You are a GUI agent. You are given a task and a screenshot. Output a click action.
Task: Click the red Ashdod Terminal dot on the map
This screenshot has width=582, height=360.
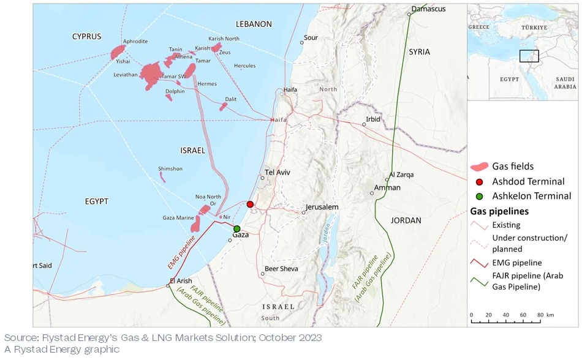[x=250, y=204]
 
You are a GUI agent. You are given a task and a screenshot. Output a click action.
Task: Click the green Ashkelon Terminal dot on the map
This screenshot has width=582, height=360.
[x=237, y=228]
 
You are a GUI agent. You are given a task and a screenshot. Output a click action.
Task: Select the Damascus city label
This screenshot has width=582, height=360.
[x=428, y=9]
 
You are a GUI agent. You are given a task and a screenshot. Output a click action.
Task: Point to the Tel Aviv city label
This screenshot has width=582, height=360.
[x=277, y=172]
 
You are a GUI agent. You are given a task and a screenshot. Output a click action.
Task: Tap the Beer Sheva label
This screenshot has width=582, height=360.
[x=281, y=269]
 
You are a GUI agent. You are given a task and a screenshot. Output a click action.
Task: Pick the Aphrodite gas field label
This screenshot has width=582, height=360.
[x=135, y=42]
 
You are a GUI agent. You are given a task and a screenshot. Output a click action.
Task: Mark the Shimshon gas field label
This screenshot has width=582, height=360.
[x=170, y=168]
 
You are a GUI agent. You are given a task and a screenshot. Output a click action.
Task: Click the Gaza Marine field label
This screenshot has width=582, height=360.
[x=177, y=218]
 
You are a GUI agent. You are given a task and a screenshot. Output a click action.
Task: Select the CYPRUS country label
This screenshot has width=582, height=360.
[x=86, y=37]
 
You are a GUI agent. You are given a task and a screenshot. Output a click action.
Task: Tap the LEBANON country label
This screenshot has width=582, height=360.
[x=253, y=24]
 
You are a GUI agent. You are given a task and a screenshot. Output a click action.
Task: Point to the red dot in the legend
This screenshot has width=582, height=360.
[x=480, y=181]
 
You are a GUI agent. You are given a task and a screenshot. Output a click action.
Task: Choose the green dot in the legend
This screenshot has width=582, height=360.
[x=480, y=196]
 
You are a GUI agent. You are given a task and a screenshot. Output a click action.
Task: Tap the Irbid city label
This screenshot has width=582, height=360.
[x=373, y=119]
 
